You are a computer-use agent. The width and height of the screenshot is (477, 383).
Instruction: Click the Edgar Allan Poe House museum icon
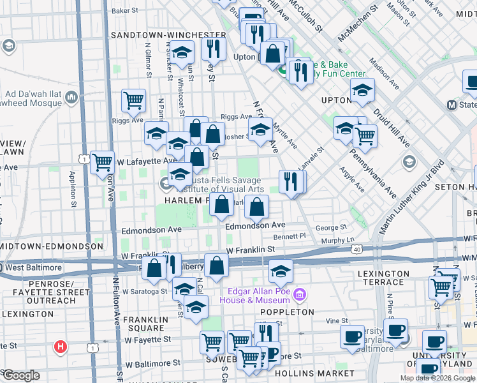pyautogui.click(x=301, y=295)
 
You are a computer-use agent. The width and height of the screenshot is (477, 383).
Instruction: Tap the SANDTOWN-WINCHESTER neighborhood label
pyautogui.click(x=168, y=34)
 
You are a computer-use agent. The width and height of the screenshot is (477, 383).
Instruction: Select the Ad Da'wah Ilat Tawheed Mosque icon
pyautogui.click(x=70, y=98)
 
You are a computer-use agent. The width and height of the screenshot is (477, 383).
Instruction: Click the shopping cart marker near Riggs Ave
pyautogui.click(x=133, y=100)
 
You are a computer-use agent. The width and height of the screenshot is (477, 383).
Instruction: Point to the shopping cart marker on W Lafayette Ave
pyautogui.click(x=102, y=162)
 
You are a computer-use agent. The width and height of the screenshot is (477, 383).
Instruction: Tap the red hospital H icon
pyautogui.click(x=60, y=347)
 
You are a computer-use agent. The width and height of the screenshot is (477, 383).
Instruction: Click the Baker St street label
pyautogui.click(x=124, y=11)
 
